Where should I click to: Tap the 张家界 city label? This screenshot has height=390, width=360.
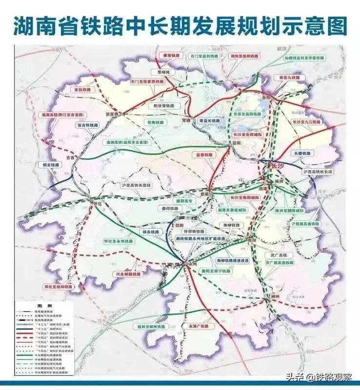point(112,113)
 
